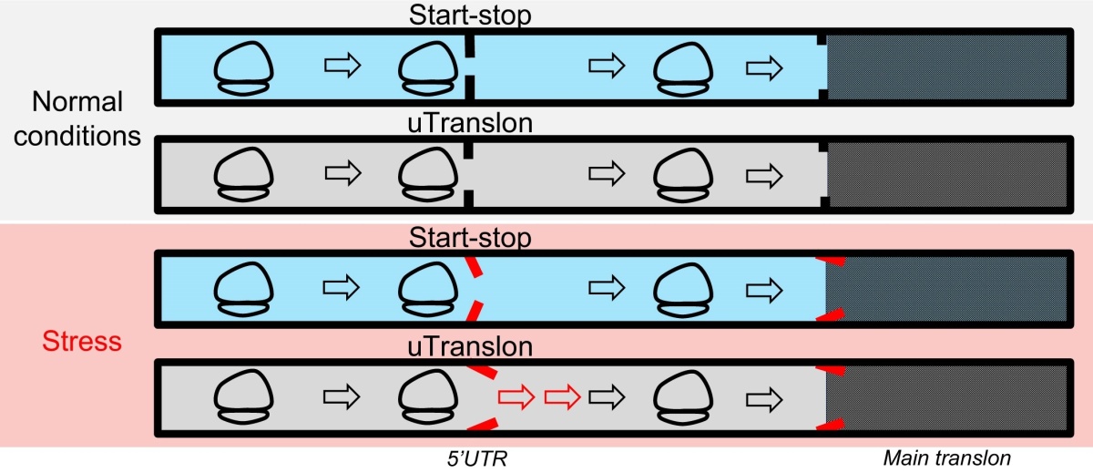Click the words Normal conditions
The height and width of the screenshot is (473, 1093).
(x=77, y=118)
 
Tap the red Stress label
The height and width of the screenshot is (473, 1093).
(x=82, y=341)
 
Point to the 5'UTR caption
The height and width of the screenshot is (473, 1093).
(x=477, y=458)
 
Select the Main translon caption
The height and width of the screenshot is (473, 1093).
(x=946, y=458)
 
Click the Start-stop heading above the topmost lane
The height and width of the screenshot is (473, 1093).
(x=470, y=15)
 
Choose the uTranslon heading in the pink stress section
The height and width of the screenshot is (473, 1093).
(x=470, y=346)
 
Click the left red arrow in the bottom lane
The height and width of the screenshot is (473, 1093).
(x=516, y=396)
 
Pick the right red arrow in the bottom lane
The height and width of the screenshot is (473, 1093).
(x=562, y=396)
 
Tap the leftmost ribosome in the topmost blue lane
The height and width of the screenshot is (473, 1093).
(x=243, y=67)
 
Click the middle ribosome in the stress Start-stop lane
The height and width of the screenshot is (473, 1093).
(x=428, y=289)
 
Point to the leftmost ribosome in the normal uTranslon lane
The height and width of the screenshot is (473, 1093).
(x=243, y=174)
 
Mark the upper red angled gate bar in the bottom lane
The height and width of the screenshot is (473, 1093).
(x=482, y=372)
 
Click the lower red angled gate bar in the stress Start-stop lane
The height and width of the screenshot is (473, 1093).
(x=475, y=312)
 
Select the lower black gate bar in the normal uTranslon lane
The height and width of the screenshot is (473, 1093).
(x=469, y=200)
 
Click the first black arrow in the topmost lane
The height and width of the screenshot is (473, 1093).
(x=342, y=65)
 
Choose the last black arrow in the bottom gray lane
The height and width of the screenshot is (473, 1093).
(x=764, y=400)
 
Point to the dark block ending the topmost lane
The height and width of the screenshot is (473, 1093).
(x=946, y=67)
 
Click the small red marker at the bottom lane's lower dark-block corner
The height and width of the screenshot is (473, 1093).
(x=831, y=424)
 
